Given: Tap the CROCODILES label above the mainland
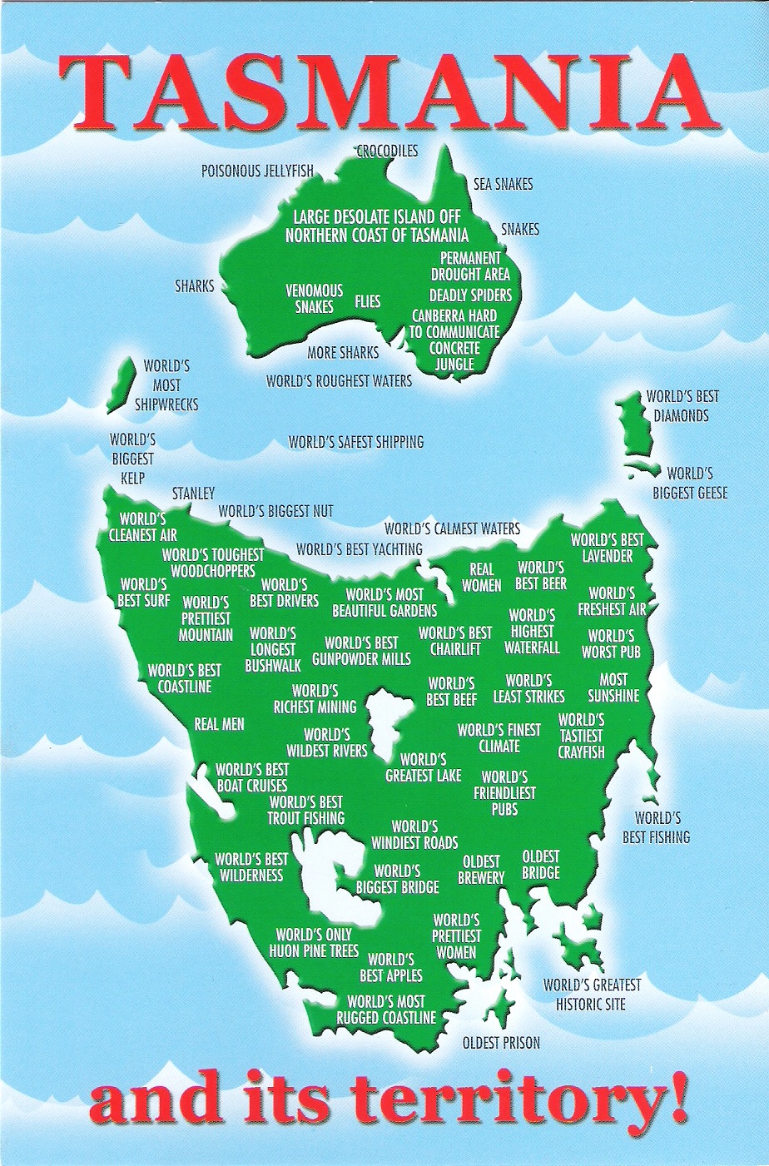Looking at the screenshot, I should click(387, 151).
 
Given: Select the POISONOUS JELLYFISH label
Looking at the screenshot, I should click(257, 171).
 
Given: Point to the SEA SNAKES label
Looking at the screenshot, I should click(503, 184).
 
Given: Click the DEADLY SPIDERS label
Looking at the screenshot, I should click(470, 295).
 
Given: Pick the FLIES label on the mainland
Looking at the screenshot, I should click(368, 301).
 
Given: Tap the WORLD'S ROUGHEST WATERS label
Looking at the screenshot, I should click(339, 381).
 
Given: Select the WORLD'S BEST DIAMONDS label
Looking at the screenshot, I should click(682, 406).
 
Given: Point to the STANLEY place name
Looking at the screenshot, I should click(193, 494).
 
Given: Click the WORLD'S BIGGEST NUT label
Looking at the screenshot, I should click(275, 511).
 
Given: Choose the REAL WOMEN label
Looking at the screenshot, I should click(481, 578).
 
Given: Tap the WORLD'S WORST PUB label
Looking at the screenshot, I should click(611, 644).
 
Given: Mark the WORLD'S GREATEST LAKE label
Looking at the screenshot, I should click(423, 767).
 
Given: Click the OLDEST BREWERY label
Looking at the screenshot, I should click(481, 870).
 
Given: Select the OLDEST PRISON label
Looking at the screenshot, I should click(501, 1043).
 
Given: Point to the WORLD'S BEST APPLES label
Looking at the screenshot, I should click(390, 967).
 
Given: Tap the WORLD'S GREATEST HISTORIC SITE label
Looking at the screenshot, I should click(592, 995).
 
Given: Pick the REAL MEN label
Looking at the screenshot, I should click(219, 725).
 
